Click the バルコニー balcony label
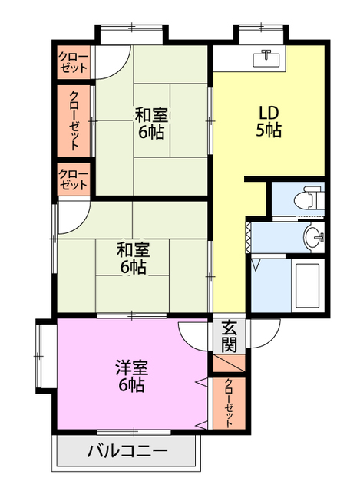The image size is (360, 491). [127, 451]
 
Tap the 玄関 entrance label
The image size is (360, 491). [230, 337]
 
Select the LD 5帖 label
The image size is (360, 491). [269, 122]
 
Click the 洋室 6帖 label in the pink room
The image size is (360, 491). [131, 376]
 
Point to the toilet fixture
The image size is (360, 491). [309, 198]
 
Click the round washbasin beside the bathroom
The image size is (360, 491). [313, 237]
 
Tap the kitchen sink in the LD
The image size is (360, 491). [266, 58]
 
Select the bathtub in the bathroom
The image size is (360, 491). [307, 285]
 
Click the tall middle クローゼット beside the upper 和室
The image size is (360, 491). [74, 120]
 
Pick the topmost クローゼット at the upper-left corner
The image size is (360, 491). [74, 63]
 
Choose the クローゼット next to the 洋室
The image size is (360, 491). [229, 403]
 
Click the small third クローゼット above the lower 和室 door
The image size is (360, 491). [74, 179]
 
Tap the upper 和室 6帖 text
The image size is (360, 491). [151, 123]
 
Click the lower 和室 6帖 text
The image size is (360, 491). [133, 259]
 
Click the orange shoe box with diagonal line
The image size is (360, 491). [229, 363]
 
